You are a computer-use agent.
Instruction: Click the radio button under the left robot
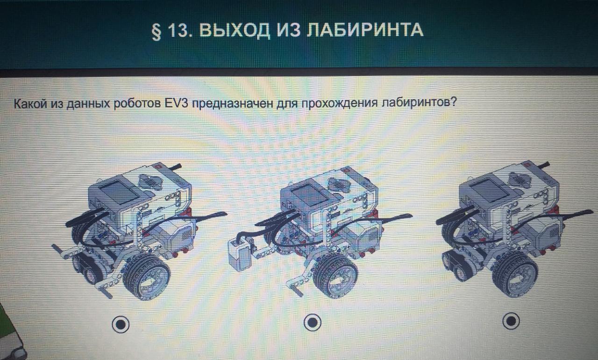point(121,324)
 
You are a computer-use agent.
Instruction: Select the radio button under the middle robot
point(313,322)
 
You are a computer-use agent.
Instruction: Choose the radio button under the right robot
point(511,321)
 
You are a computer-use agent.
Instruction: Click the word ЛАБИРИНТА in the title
point(365,30)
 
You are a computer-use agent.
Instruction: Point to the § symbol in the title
point(157,31)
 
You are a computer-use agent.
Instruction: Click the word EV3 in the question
point(177,104)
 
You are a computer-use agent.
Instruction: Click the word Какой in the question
point(30,104)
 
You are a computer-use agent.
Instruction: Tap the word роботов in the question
point(137,104)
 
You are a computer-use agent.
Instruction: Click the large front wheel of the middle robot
point(335,275)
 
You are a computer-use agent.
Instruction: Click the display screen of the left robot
point(119,193)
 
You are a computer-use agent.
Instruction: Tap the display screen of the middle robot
point(310,195)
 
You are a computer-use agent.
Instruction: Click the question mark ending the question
point(453,101)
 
